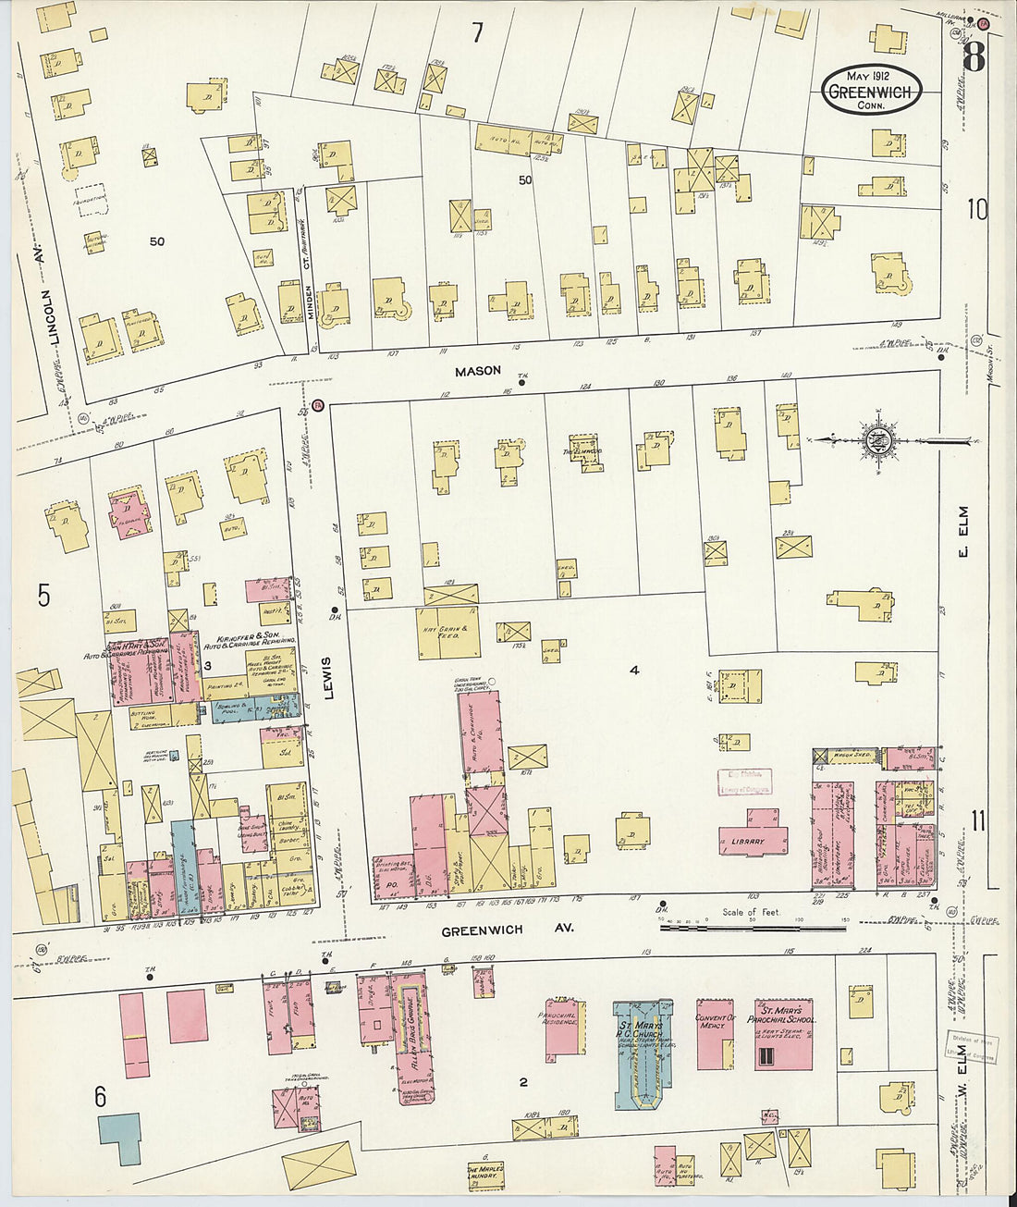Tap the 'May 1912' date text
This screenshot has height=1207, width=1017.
click(x=870, y=75)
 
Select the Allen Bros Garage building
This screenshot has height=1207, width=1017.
click(x=414, y=1036)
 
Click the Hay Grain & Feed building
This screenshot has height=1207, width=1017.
click(x=448, y=633)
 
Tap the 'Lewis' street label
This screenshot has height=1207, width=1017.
click(x=327, y=677)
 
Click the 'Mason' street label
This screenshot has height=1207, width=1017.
click(x=477, y=371)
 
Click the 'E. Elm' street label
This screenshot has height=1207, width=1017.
click(x=962, y=532)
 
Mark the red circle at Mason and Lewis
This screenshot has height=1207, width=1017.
click(x=317, y=405)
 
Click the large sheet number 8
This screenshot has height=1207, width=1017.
click(x=973, y=57)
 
